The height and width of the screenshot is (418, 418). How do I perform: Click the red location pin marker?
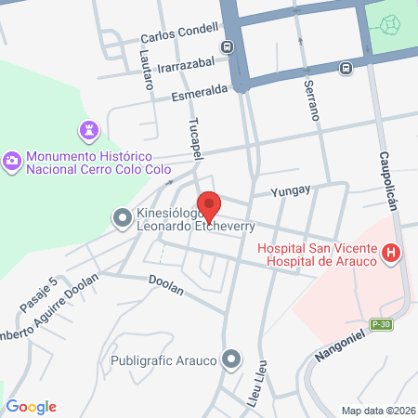coord(209,206)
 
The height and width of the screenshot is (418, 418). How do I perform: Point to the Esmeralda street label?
coord(200,93)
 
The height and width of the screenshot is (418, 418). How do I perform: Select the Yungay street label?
coord(290,190)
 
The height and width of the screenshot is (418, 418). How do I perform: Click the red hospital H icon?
coord(392,253)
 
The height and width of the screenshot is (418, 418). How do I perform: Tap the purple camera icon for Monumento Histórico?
coord(12,161)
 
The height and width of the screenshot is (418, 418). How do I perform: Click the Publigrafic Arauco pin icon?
coord(231,359)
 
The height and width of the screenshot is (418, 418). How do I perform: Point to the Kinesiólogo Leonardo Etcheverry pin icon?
coord(122,219)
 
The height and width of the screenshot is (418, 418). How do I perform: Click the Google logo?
coord(32,407)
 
